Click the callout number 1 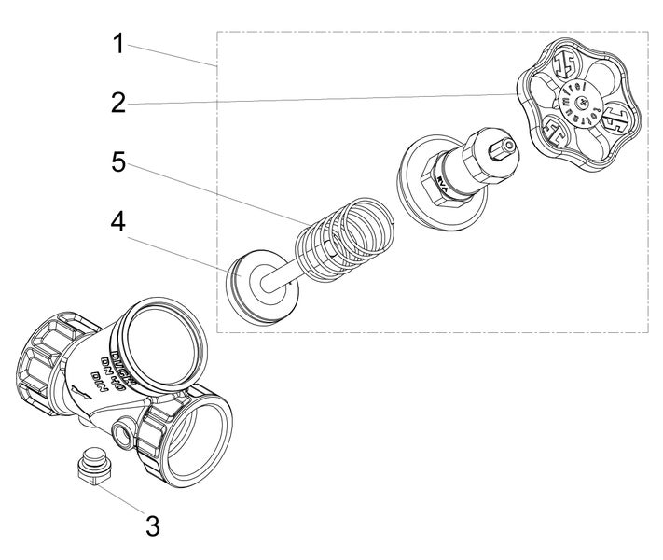118,45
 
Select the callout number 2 118,103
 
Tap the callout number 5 118,161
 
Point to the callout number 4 118,223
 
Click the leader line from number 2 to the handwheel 326,99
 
